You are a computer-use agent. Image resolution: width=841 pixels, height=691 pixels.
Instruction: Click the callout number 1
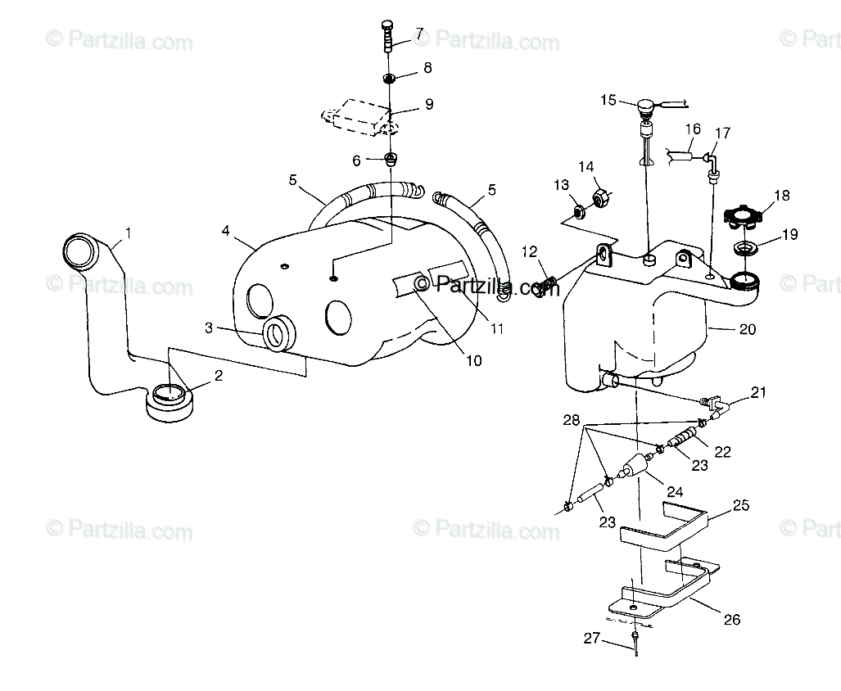coord(127,234)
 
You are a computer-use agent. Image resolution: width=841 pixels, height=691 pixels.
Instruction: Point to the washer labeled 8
coord(391,79)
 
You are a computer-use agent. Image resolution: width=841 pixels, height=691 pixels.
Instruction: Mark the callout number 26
coord(731,620)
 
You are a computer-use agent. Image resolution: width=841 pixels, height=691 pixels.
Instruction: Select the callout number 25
coord(740,506)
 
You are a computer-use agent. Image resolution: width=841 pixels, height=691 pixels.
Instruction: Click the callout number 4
coord(225,230)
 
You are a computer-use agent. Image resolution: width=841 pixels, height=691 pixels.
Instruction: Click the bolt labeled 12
coord(547,287)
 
